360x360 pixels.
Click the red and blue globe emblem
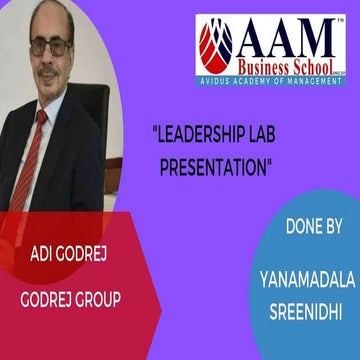[x=215, y=47]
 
